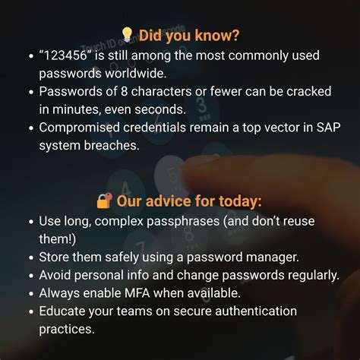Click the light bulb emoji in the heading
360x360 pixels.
(127, 35)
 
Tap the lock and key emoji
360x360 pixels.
(105, 201)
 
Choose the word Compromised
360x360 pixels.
(81, 127)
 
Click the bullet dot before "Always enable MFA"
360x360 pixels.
(29, 293)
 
